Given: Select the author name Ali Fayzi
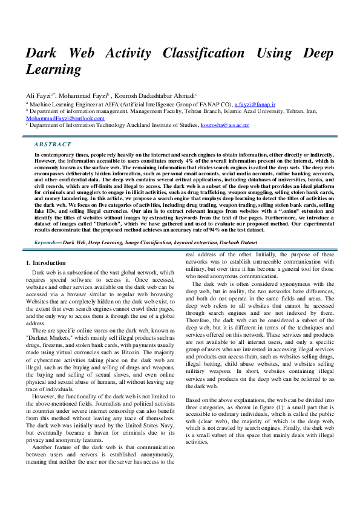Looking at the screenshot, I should [39, 96].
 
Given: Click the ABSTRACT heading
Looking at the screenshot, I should [53, 144].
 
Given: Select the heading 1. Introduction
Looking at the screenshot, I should [47, 263].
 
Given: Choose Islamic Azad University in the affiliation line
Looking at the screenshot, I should [266, 111].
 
